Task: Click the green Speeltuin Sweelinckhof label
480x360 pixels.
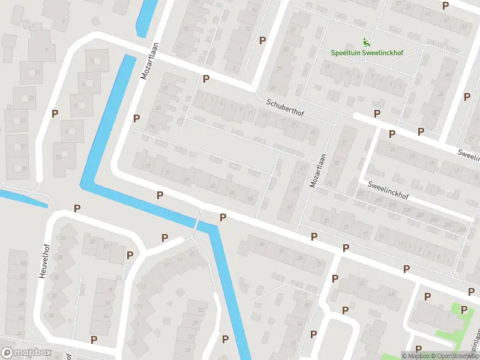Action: [367, 53]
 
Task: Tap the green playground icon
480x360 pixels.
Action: [367, 42]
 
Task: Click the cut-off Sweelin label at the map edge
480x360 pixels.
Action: [469, 155]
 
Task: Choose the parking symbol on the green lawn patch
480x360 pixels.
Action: [464, 310]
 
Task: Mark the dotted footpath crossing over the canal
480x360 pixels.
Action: [196, 223]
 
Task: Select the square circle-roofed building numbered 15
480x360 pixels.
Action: [16, 119]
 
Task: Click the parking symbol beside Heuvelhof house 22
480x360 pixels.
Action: [130, 255]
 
